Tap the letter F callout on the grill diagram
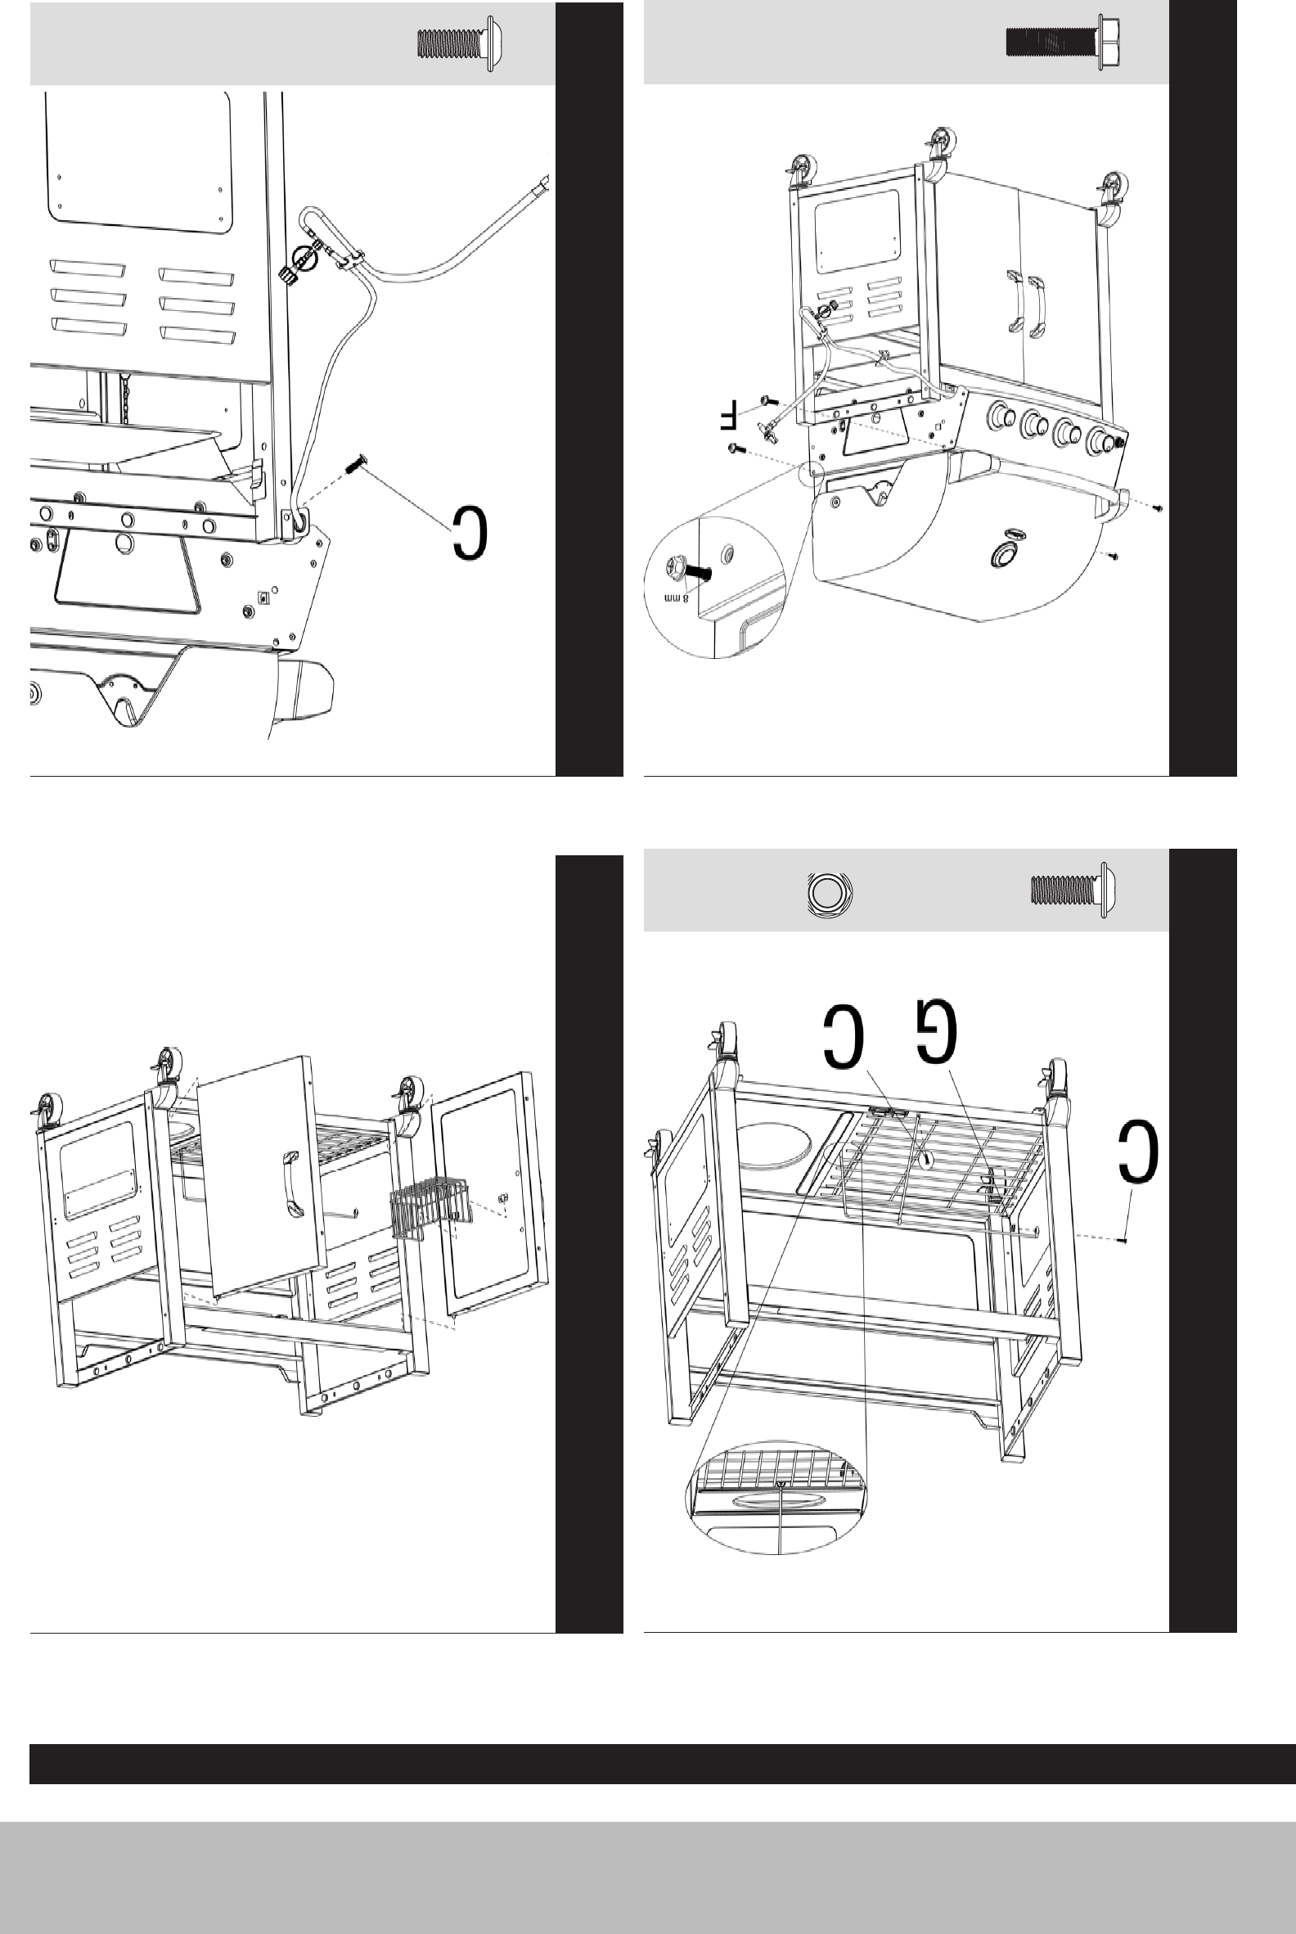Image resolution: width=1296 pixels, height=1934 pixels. pos(727,416)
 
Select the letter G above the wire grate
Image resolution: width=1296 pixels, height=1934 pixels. pos(937,1031)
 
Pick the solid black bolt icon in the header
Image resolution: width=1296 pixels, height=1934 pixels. pos(1063,42)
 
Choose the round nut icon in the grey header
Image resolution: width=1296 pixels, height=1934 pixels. pos(829,894)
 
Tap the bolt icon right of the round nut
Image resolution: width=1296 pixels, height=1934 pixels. pos(1070,890)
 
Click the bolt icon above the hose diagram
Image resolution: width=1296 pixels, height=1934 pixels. pos(459,43)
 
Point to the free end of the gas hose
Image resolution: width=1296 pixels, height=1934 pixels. pos(543,183)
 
